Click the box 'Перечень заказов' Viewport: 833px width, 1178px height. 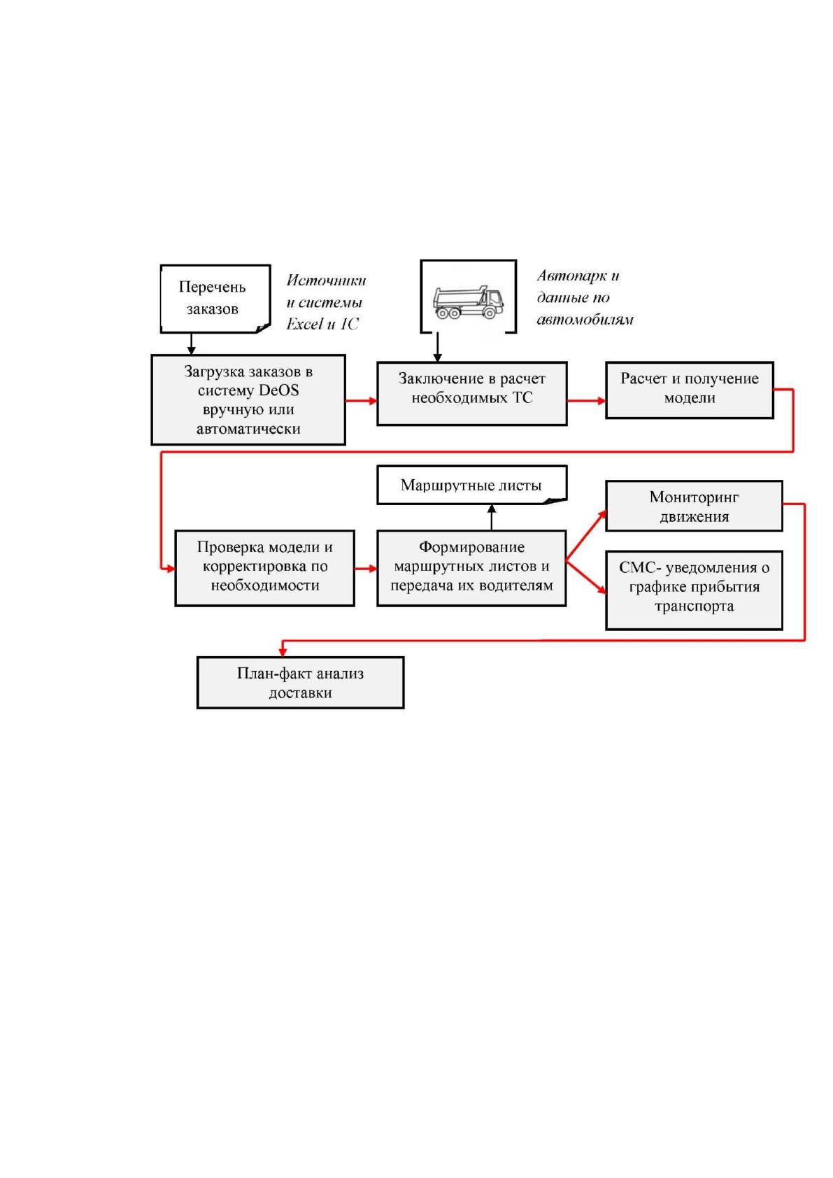click(215, 299)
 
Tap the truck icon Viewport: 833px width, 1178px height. click(467, 302)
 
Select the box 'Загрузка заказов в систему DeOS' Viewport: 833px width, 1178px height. click(248, 399)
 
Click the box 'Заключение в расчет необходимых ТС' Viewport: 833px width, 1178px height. click(471, 393)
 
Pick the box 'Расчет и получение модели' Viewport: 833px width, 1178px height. click(689, 390)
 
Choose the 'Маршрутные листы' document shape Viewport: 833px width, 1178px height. click(471, 484)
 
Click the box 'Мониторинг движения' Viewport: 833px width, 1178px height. click(694, 505)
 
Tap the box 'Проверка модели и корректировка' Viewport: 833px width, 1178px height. click(264, 568)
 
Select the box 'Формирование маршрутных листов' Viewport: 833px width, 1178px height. click(471, 568)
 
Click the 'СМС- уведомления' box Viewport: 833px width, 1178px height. click(694, 590)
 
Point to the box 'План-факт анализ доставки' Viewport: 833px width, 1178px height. click(300, 682)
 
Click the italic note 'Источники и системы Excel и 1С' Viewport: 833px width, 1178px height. click(325, 302)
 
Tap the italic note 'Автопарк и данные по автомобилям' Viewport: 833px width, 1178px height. click(584, 297)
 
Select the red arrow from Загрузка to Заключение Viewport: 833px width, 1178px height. click(362, 401)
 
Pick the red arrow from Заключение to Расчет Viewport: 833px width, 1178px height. click(586, 401)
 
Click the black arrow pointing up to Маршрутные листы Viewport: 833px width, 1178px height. click(492, 517)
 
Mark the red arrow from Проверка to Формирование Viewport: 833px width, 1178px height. click(366, 568)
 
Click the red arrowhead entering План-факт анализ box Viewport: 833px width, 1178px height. click(283, 652)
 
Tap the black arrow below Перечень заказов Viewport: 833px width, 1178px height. click(192, 343)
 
